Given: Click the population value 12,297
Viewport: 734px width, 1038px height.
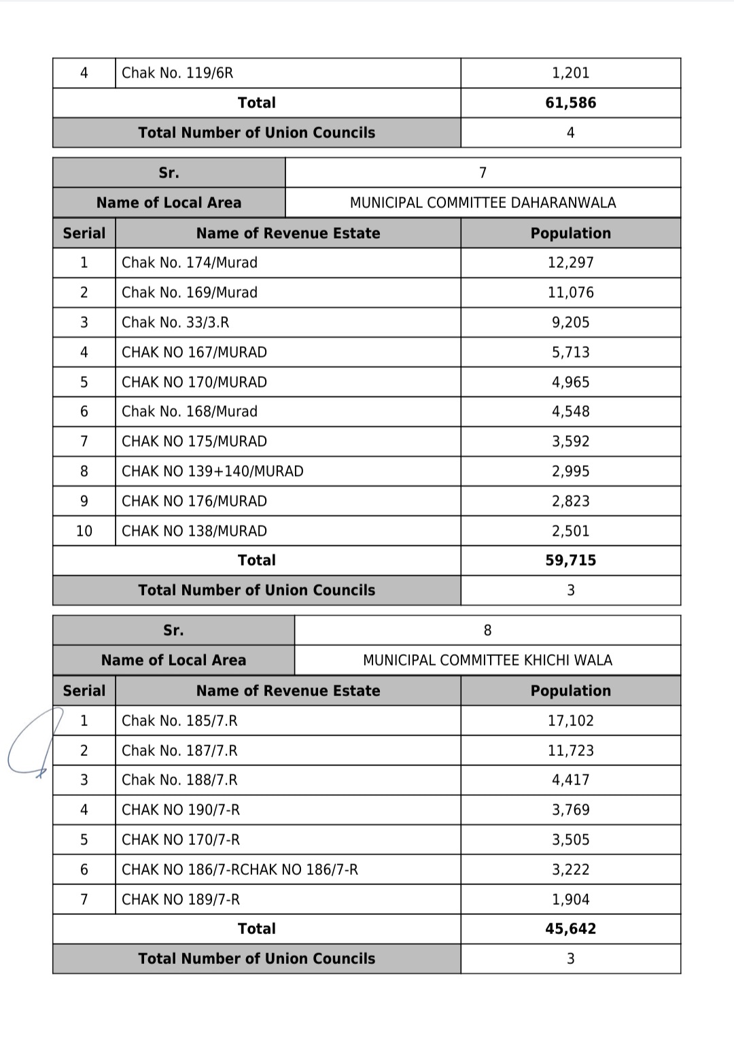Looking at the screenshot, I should pos(570,262).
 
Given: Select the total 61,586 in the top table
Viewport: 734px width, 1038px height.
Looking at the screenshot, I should pos(570,103).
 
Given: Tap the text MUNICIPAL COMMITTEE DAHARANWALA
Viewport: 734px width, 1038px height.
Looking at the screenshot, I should pos(483,203).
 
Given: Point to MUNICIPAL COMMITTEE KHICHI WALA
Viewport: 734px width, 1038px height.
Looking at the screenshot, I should pos(487,660).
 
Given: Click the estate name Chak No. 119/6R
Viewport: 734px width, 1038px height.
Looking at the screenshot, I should pos(177,73).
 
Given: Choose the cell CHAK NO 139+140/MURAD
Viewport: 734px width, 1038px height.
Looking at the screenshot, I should pos(212,471).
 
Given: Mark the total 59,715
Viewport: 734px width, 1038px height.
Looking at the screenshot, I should pos(570,560).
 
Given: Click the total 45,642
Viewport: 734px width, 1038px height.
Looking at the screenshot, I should pos(570,929).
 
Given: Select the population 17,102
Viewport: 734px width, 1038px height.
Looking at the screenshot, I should pos(570,721).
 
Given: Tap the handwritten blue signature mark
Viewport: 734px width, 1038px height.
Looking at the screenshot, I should pos(31,744).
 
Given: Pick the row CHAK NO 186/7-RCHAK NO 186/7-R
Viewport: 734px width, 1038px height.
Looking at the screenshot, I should pos(239,869).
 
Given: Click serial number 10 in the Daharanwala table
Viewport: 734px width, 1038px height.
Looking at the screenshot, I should pos(84,531).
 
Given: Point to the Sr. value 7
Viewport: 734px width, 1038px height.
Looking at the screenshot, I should pos(483,173).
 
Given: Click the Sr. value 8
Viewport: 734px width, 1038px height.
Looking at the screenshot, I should pos(487,630).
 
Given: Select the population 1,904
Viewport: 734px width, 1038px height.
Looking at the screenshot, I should pos(570,899).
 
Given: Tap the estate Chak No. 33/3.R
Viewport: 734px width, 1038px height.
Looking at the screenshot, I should pos(175,322).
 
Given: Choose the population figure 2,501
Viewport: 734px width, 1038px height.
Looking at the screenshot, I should pos(570,531).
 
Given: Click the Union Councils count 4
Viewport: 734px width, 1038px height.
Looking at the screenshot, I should pos(570,133).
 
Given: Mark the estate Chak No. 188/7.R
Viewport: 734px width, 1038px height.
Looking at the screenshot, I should pos(179,780).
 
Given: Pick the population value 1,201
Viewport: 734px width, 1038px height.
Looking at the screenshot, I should pos(570,73).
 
